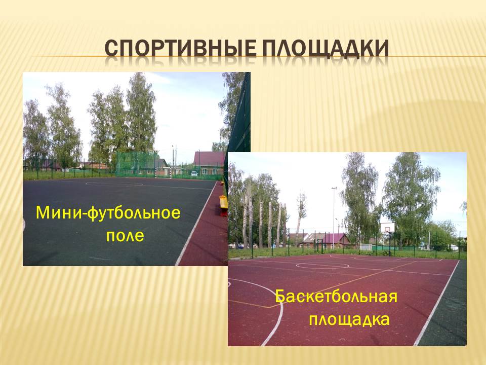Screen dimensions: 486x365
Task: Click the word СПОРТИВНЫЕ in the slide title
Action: (x=180, y=49)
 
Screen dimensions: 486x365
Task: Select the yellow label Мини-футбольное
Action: (x=108, y=213)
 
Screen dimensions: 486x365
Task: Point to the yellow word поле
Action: (x=125, y=236)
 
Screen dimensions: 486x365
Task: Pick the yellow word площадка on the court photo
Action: (x=349, y=320)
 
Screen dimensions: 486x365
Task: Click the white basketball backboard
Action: (x=387, y=227)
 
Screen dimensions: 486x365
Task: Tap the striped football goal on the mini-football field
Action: (x=163, y=172)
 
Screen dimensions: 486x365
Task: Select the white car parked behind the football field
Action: (x=194, y=174)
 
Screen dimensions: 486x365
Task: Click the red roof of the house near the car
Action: (x=209, y=159)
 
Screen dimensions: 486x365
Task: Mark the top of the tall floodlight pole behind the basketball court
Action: (x=334, y=188)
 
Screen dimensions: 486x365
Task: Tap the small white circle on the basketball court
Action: (x=322, y=266)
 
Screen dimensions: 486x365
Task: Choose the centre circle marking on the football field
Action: (x=114, y=184)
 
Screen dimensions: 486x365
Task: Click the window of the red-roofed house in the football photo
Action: (x=205, y=171)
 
